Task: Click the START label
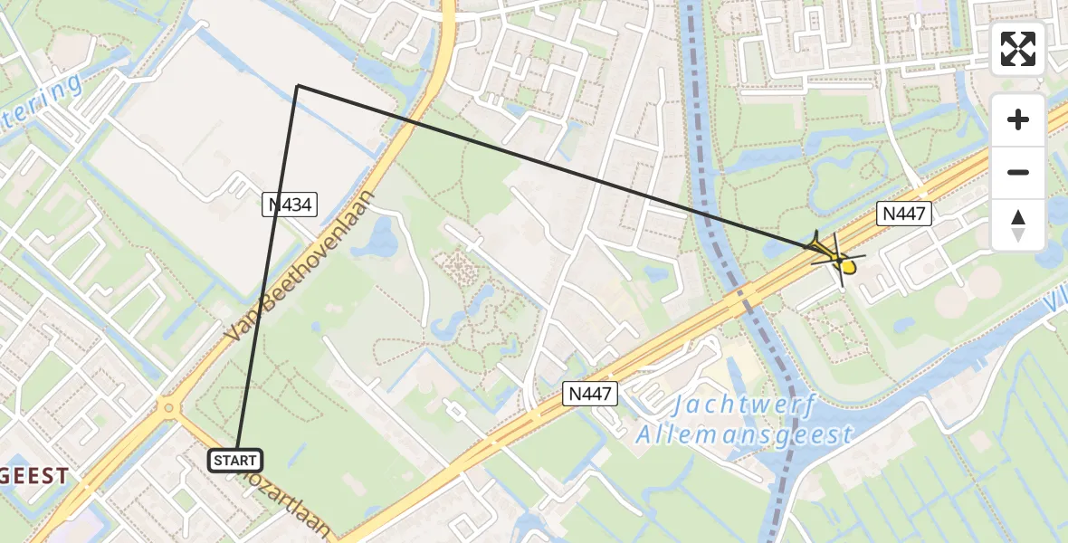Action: pos(235,461)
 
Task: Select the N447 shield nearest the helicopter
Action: pos(902,214)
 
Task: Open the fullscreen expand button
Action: pos(1018,49)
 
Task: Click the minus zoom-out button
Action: pos(1018,172)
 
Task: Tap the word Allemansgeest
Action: pos(744,435)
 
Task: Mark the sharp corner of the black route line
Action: pos(297,86)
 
